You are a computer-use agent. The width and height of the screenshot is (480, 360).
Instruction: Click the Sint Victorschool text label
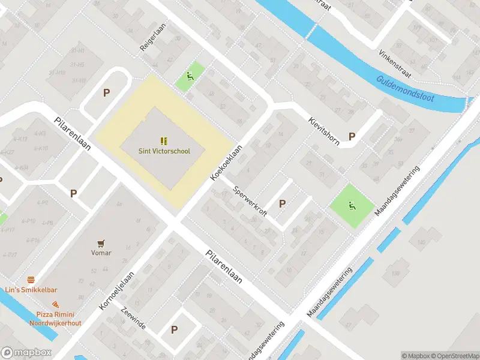(x=163, y=151)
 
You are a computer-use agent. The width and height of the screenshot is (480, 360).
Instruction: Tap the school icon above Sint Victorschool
(x=163, y=141)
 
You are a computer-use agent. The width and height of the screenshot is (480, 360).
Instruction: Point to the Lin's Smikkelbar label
(x=30, y=290)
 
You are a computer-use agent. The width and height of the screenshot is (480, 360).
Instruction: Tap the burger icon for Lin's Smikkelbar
(x=31, y=280)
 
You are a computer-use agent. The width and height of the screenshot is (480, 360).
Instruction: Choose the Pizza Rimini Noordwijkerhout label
(x=55, y=319)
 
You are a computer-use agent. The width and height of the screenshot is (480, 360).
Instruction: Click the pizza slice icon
(x=55, y=305)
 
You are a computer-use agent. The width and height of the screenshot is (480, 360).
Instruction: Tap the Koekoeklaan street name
(x=226, y=163)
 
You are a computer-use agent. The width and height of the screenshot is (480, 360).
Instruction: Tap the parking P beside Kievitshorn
(x=352, y=137)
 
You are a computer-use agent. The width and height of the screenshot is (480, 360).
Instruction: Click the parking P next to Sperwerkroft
(x=282, y=204)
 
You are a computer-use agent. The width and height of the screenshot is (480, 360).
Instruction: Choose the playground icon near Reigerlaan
(x=190, y=76)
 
